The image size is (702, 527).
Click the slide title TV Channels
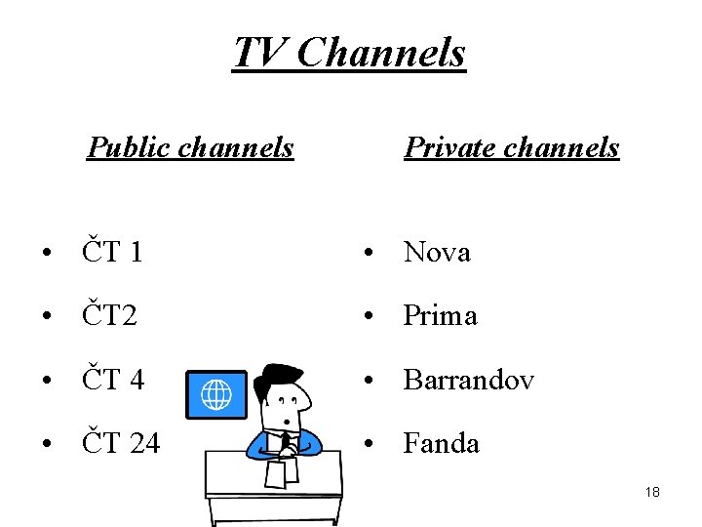(350, 53)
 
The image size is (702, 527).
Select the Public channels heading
(190, 147)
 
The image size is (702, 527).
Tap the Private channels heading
(511, 147)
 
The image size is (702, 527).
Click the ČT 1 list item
(113, 253)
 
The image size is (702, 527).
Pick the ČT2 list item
(110, 316)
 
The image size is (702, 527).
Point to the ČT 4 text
(113, 380)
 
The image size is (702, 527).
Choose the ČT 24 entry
(121, 444)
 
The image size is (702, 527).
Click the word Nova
(437, 253)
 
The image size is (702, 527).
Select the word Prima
(441, 316)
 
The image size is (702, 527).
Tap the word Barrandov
(469, 380)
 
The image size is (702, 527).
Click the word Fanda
(442, 444)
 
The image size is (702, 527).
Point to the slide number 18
(652, 492)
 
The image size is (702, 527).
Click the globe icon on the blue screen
(215, 395)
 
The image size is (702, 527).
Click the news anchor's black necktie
(286, 442)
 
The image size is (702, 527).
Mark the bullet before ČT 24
(47, 445)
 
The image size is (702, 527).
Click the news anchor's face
(290, 407)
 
